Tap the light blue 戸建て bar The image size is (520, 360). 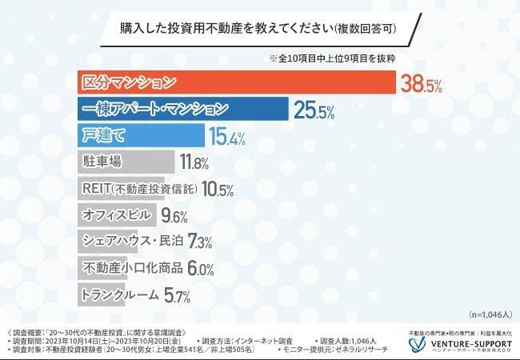pyautogui.click(x=141, y=136)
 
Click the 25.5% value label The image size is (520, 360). pyautogui.click(x=314, y=111)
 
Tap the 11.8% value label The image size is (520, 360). pyautogui.click(x=194, y=163)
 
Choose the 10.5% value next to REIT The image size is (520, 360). pyautogui.click(x=218, y=190)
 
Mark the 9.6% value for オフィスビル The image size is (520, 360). pyautogui.click(x=174, y=216)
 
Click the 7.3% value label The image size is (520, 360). pyautogui.click(x=200, y=242)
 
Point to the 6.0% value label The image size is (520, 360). pyautogui.click(x=202, y=269)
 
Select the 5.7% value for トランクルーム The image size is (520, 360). pyautogui.click(x=176, y=295)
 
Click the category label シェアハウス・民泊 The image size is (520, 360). pyautogui.click(x=133, y=241)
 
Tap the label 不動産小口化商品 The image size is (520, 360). pyautogui.click(x=133, y=267)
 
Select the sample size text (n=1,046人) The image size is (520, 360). pyautogui.click(x=487, y=315)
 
